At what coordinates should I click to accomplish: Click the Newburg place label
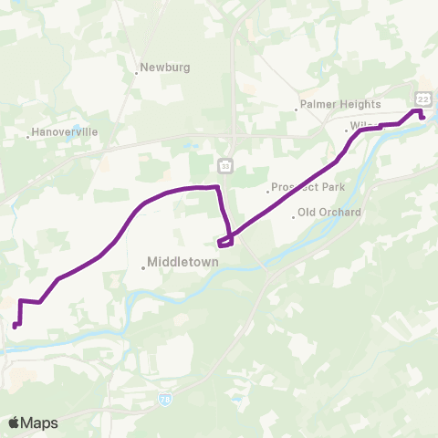pos(166,67)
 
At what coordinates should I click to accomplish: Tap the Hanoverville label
pos(65,132)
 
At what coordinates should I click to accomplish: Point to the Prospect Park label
pos(308,187)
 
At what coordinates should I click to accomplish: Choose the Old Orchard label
pos(329,213)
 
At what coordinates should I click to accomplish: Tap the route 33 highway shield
pos(225,165)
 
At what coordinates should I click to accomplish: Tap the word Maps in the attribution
pos(40,422)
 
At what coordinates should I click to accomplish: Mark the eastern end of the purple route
pos(423,117)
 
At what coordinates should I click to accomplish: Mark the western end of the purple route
pos(15,326)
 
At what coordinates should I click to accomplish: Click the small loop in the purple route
pos(225,241)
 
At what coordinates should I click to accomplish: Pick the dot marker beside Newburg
pos(137,72)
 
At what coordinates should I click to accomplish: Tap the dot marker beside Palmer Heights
pos(297,110)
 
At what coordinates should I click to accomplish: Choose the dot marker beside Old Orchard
pos(294,217)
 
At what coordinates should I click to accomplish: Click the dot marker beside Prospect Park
pos(268,192)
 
